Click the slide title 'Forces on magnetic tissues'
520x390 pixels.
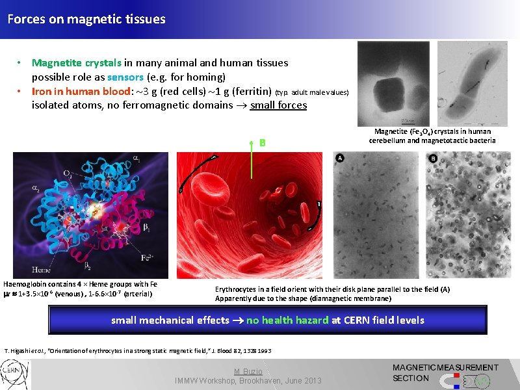[x=86, y=19]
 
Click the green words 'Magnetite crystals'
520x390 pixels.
[x=77, y=63]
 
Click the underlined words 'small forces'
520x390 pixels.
[x=278, y=105]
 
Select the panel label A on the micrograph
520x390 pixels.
[x=341, y=158]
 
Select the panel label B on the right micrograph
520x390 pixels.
[x=434, y=158]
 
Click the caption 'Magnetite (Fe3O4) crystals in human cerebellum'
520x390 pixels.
[x=432, y=136]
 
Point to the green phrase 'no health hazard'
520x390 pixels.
[x=287, y=320]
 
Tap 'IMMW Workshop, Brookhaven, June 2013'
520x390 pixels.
[x=248, y=380]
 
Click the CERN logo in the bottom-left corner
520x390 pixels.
[x=14, y=376]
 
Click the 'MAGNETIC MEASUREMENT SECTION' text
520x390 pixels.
[x=445, y=372]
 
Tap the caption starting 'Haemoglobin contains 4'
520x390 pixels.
[x=80, y=289]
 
